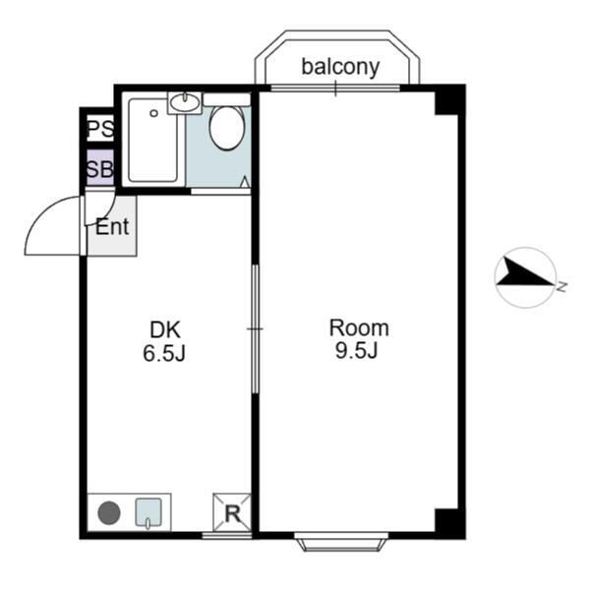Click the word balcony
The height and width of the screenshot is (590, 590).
pyautogui.click(x=339, y=67)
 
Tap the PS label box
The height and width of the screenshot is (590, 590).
pyautogui.click(x=99, y=129)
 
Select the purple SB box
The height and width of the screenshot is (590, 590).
pyautogui.click(x=99, y=168)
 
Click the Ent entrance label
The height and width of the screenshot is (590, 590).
pyautogui.click(x=112, y=227)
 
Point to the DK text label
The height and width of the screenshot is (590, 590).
pyautogui.click(x=164, y=330)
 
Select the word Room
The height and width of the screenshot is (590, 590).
pyautogui.click(x=359, y=328)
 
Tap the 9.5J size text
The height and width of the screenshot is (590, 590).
pyautogui.click(x=359, y=352)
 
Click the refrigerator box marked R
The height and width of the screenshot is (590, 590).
pyautogui.click(x=232, y=512)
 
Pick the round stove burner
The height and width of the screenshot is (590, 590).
pyautogui.click(x=108, y=512)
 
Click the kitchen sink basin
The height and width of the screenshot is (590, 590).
pyautogui.click(x=147, y=511)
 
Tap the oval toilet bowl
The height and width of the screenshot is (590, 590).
pyautogui.click(x=226, y=128)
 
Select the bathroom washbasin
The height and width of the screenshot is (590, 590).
pyautogui.click(x=185, y=102)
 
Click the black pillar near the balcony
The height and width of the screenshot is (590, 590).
pyautogui.click(x=449, y=99)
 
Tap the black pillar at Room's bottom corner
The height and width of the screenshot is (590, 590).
pyautogui.click(x=449, y=522)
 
